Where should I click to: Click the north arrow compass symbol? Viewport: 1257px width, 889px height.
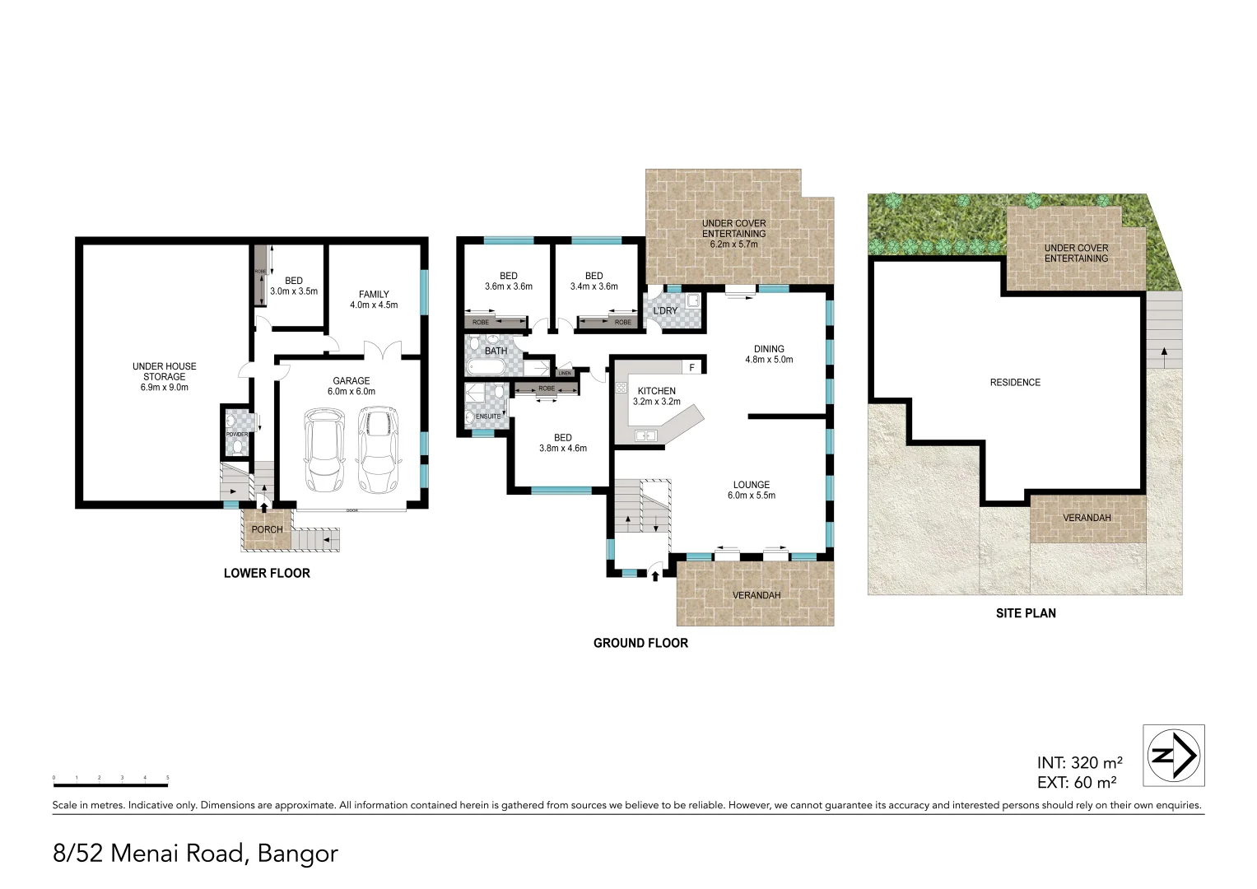[x=1174, y=755]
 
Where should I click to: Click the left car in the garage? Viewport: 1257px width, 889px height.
[x=324, y=450]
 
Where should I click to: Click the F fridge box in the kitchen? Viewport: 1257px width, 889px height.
[x=691, y=367]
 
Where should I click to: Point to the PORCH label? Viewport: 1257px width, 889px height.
[x=267, y=529]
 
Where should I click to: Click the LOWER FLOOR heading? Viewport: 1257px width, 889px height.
[x=267, y=573]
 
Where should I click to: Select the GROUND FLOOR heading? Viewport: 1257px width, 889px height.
[x=640, y=643]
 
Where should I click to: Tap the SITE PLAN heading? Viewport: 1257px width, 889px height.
[x=1026, y=613]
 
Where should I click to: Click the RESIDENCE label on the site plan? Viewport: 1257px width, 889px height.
[x=1015, y=382]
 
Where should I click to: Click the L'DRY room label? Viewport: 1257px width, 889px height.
[x=665, y=310]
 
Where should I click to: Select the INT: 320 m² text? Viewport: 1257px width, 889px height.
[x=1079, y=762]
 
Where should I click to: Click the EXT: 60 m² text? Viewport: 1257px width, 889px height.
[x=1077, y=782]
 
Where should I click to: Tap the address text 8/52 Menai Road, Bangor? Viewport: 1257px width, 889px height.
[x=195, y=853]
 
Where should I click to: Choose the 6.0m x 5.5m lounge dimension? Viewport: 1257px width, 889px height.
[x=751, y=496]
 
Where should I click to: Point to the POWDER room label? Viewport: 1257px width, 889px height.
[x=237, y=434]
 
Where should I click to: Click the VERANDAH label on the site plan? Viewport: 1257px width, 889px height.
[x=1087, y=518]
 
